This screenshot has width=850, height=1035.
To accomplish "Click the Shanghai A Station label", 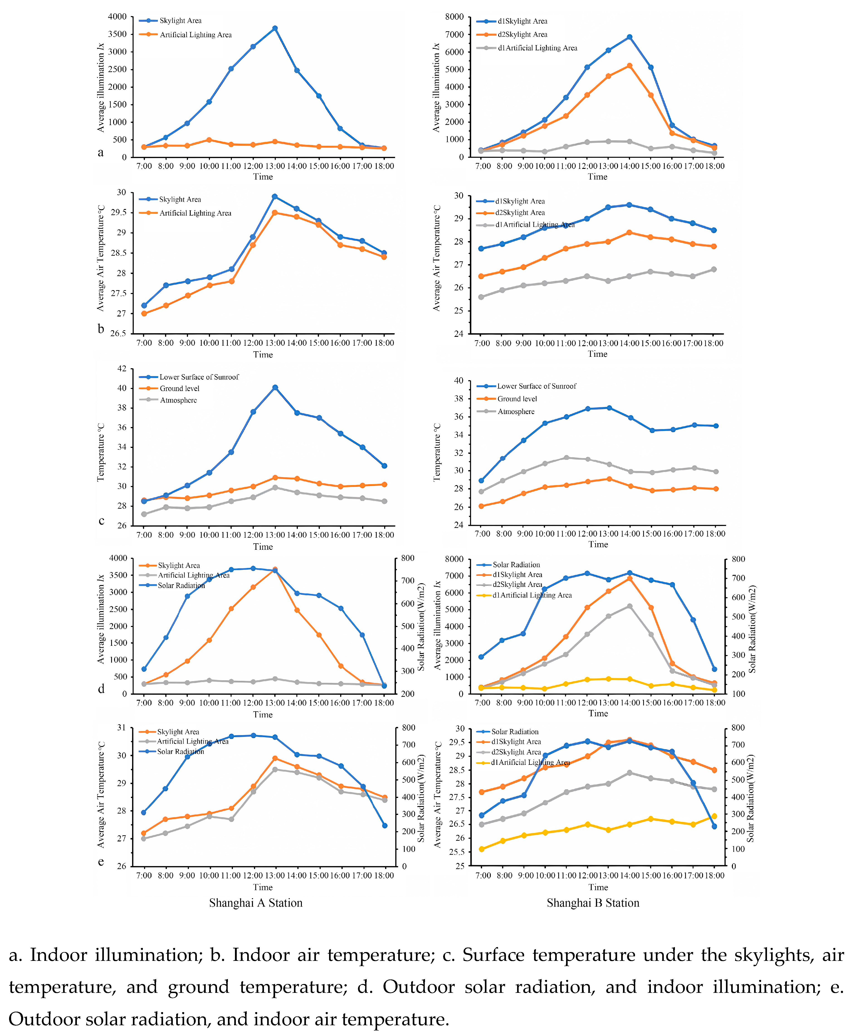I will click(x=256, y=903).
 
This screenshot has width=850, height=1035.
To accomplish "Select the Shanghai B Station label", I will click(x=593, y=903).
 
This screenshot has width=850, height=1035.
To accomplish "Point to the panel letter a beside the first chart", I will click(x=101, y=153).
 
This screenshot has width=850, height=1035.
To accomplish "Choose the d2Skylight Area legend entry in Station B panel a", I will click(x=522, y=34).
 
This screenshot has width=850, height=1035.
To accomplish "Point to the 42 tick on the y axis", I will click(x=121, y=369).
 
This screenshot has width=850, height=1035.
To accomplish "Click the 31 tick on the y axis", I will click(x=121, y=728).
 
